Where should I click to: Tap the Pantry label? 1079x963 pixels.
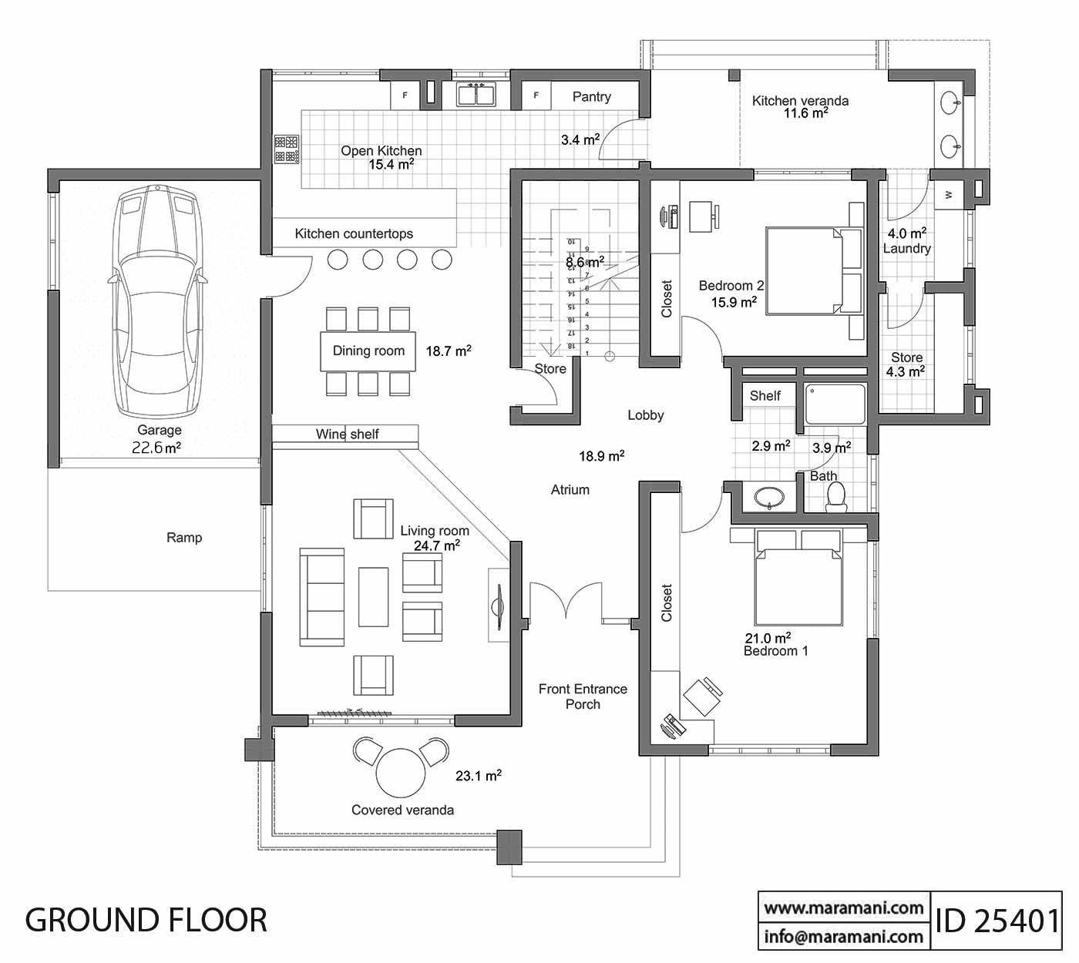(x=591, y=96)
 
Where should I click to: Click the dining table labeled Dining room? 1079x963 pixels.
(x=368, y=351)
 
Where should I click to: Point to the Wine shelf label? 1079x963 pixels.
(x=347, y=435)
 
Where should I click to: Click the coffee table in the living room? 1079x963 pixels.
(x=374, y=596)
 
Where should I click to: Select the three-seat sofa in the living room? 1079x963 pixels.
(x=322, y=598)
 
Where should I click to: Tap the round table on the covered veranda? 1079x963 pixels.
(x=400, y=773)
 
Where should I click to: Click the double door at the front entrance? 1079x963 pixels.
(x=565, y=601)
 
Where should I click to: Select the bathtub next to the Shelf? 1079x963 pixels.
(x=835, y=404)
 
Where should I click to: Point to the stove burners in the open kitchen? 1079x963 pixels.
(x=287, y=149)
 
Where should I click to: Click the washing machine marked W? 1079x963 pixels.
(x=949, y=194)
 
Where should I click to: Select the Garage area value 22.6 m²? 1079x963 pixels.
(x=156, y=448)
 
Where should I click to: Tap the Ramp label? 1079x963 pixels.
(x=184, y=538)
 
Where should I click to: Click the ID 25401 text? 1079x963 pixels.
(x=997, y=921)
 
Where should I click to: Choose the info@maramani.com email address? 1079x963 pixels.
(x=843, y=937)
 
